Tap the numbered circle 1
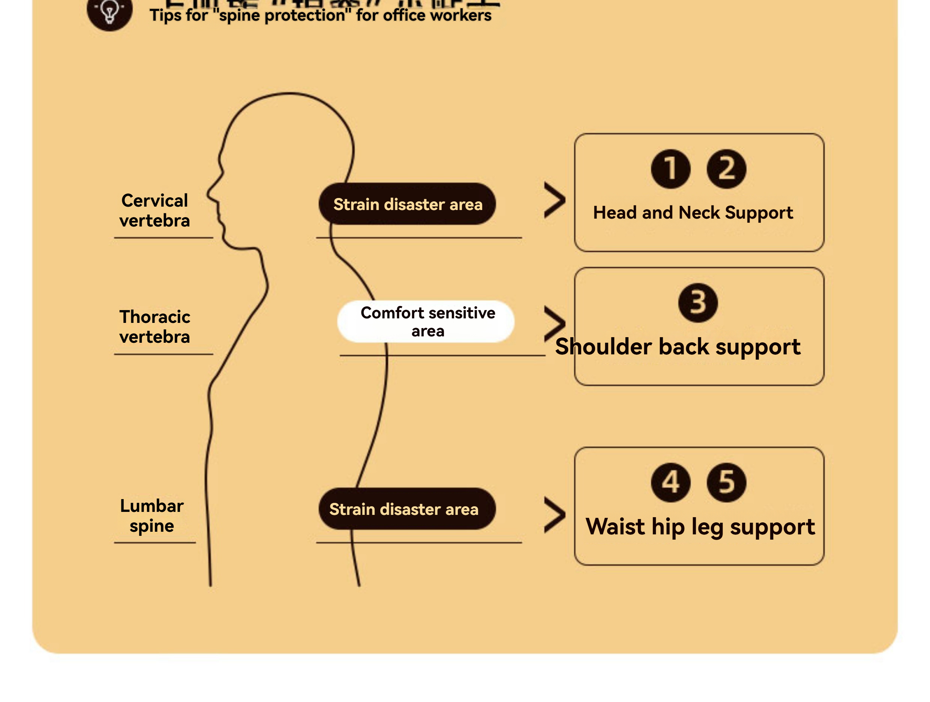point(670,169)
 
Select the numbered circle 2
point(726,169)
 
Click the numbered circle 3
point(697,303)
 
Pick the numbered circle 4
point(670,482)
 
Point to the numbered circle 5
point(726,482)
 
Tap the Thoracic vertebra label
point(154,327)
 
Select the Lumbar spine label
point(152,516)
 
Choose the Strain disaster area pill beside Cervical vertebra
point(407,204)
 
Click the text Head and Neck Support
point(693,213)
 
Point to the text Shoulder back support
point(677,347)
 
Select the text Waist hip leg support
point(700,527)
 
